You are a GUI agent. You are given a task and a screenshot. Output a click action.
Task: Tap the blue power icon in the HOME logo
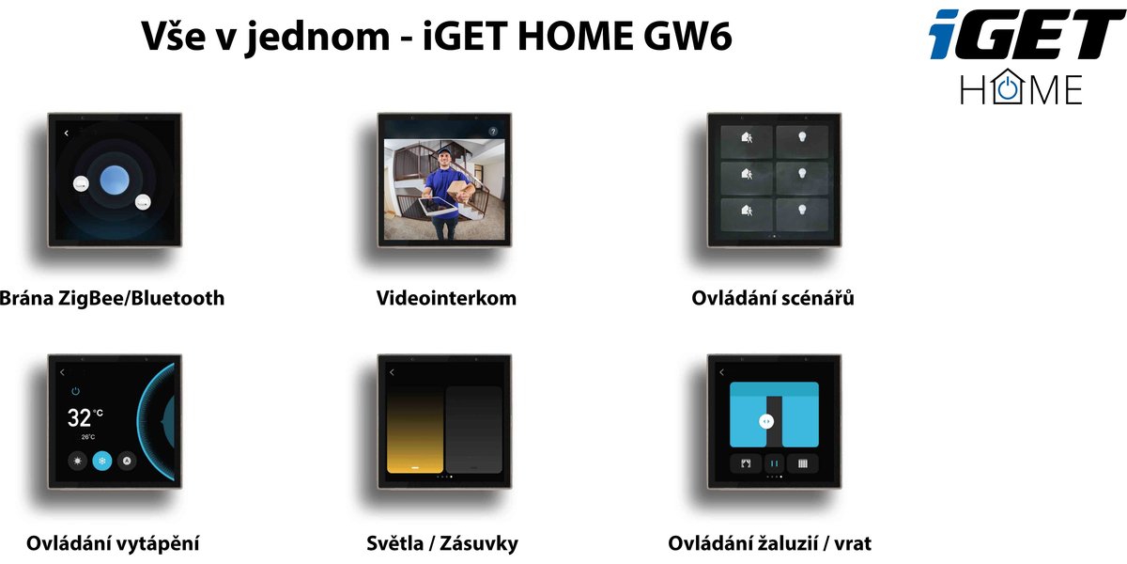pos(1008,89)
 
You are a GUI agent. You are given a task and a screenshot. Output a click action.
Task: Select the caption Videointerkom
pos(446,298)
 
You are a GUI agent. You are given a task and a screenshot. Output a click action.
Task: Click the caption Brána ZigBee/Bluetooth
pos(112,298)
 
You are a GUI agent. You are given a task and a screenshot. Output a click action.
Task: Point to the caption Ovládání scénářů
pos(773,298)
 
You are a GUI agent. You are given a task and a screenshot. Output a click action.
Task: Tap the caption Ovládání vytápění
pos(113,544)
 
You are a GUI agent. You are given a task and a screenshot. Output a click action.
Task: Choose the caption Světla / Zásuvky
pos(442,543)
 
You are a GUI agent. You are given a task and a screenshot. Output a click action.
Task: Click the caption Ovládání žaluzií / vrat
pos(770,543)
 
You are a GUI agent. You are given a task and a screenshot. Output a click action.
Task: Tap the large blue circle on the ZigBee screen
pos(115,180)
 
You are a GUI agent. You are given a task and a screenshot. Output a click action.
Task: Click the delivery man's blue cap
pos(443,151)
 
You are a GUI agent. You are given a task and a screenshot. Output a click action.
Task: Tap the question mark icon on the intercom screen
pos(493,132)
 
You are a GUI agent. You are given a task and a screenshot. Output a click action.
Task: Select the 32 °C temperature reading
pos(85,418)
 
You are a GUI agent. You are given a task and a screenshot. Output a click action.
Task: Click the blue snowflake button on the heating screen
pos(102,461)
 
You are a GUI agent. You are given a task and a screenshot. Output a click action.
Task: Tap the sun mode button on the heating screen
pos(77,461)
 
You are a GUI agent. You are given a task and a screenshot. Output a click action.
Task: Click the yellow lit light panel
pos(415,430)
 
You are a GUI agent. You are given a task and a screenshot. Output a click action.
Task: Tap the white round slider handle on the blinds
pos(766,421)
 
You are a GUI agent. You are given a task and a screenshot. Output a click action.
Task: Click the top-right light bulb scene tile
pos(802,142)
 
